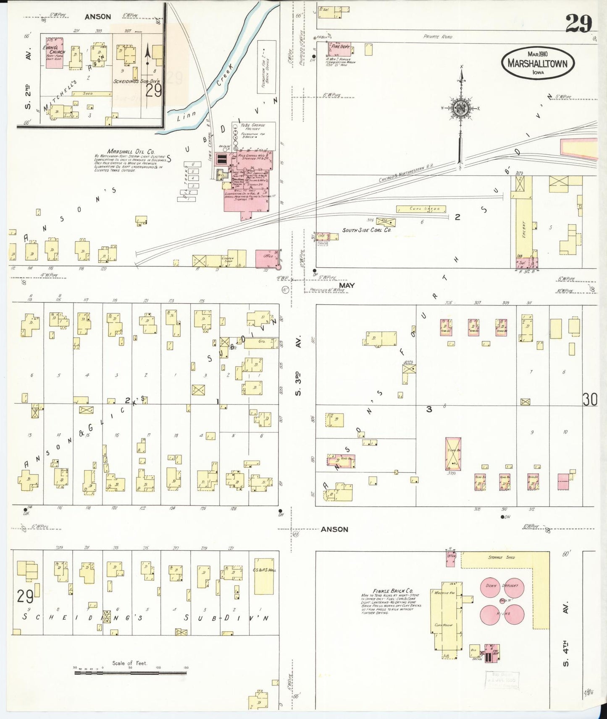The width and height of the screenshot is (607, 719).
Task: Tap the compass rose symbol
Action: point(461,108)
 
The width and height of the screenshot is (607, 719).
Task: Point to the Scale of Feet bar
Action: point(130,672)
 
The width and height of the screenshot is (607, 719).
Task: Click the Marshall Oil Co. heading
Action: point(131,151)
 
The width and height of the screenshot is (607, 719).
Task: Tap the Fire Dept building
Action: point(340,49)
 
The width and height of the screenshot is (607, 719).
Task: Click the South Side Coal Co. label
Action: point(367,230)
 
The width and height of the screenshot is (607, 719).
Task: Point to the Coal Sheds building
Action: point(421,208)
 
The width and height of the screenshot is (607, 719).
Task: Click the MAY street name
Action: point(347,285)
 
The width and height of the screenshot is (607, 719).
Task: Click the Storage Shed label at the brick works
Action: point(501,557)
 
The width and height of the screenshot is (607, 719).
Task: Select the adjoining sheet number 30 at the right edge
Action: point(590,399)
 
